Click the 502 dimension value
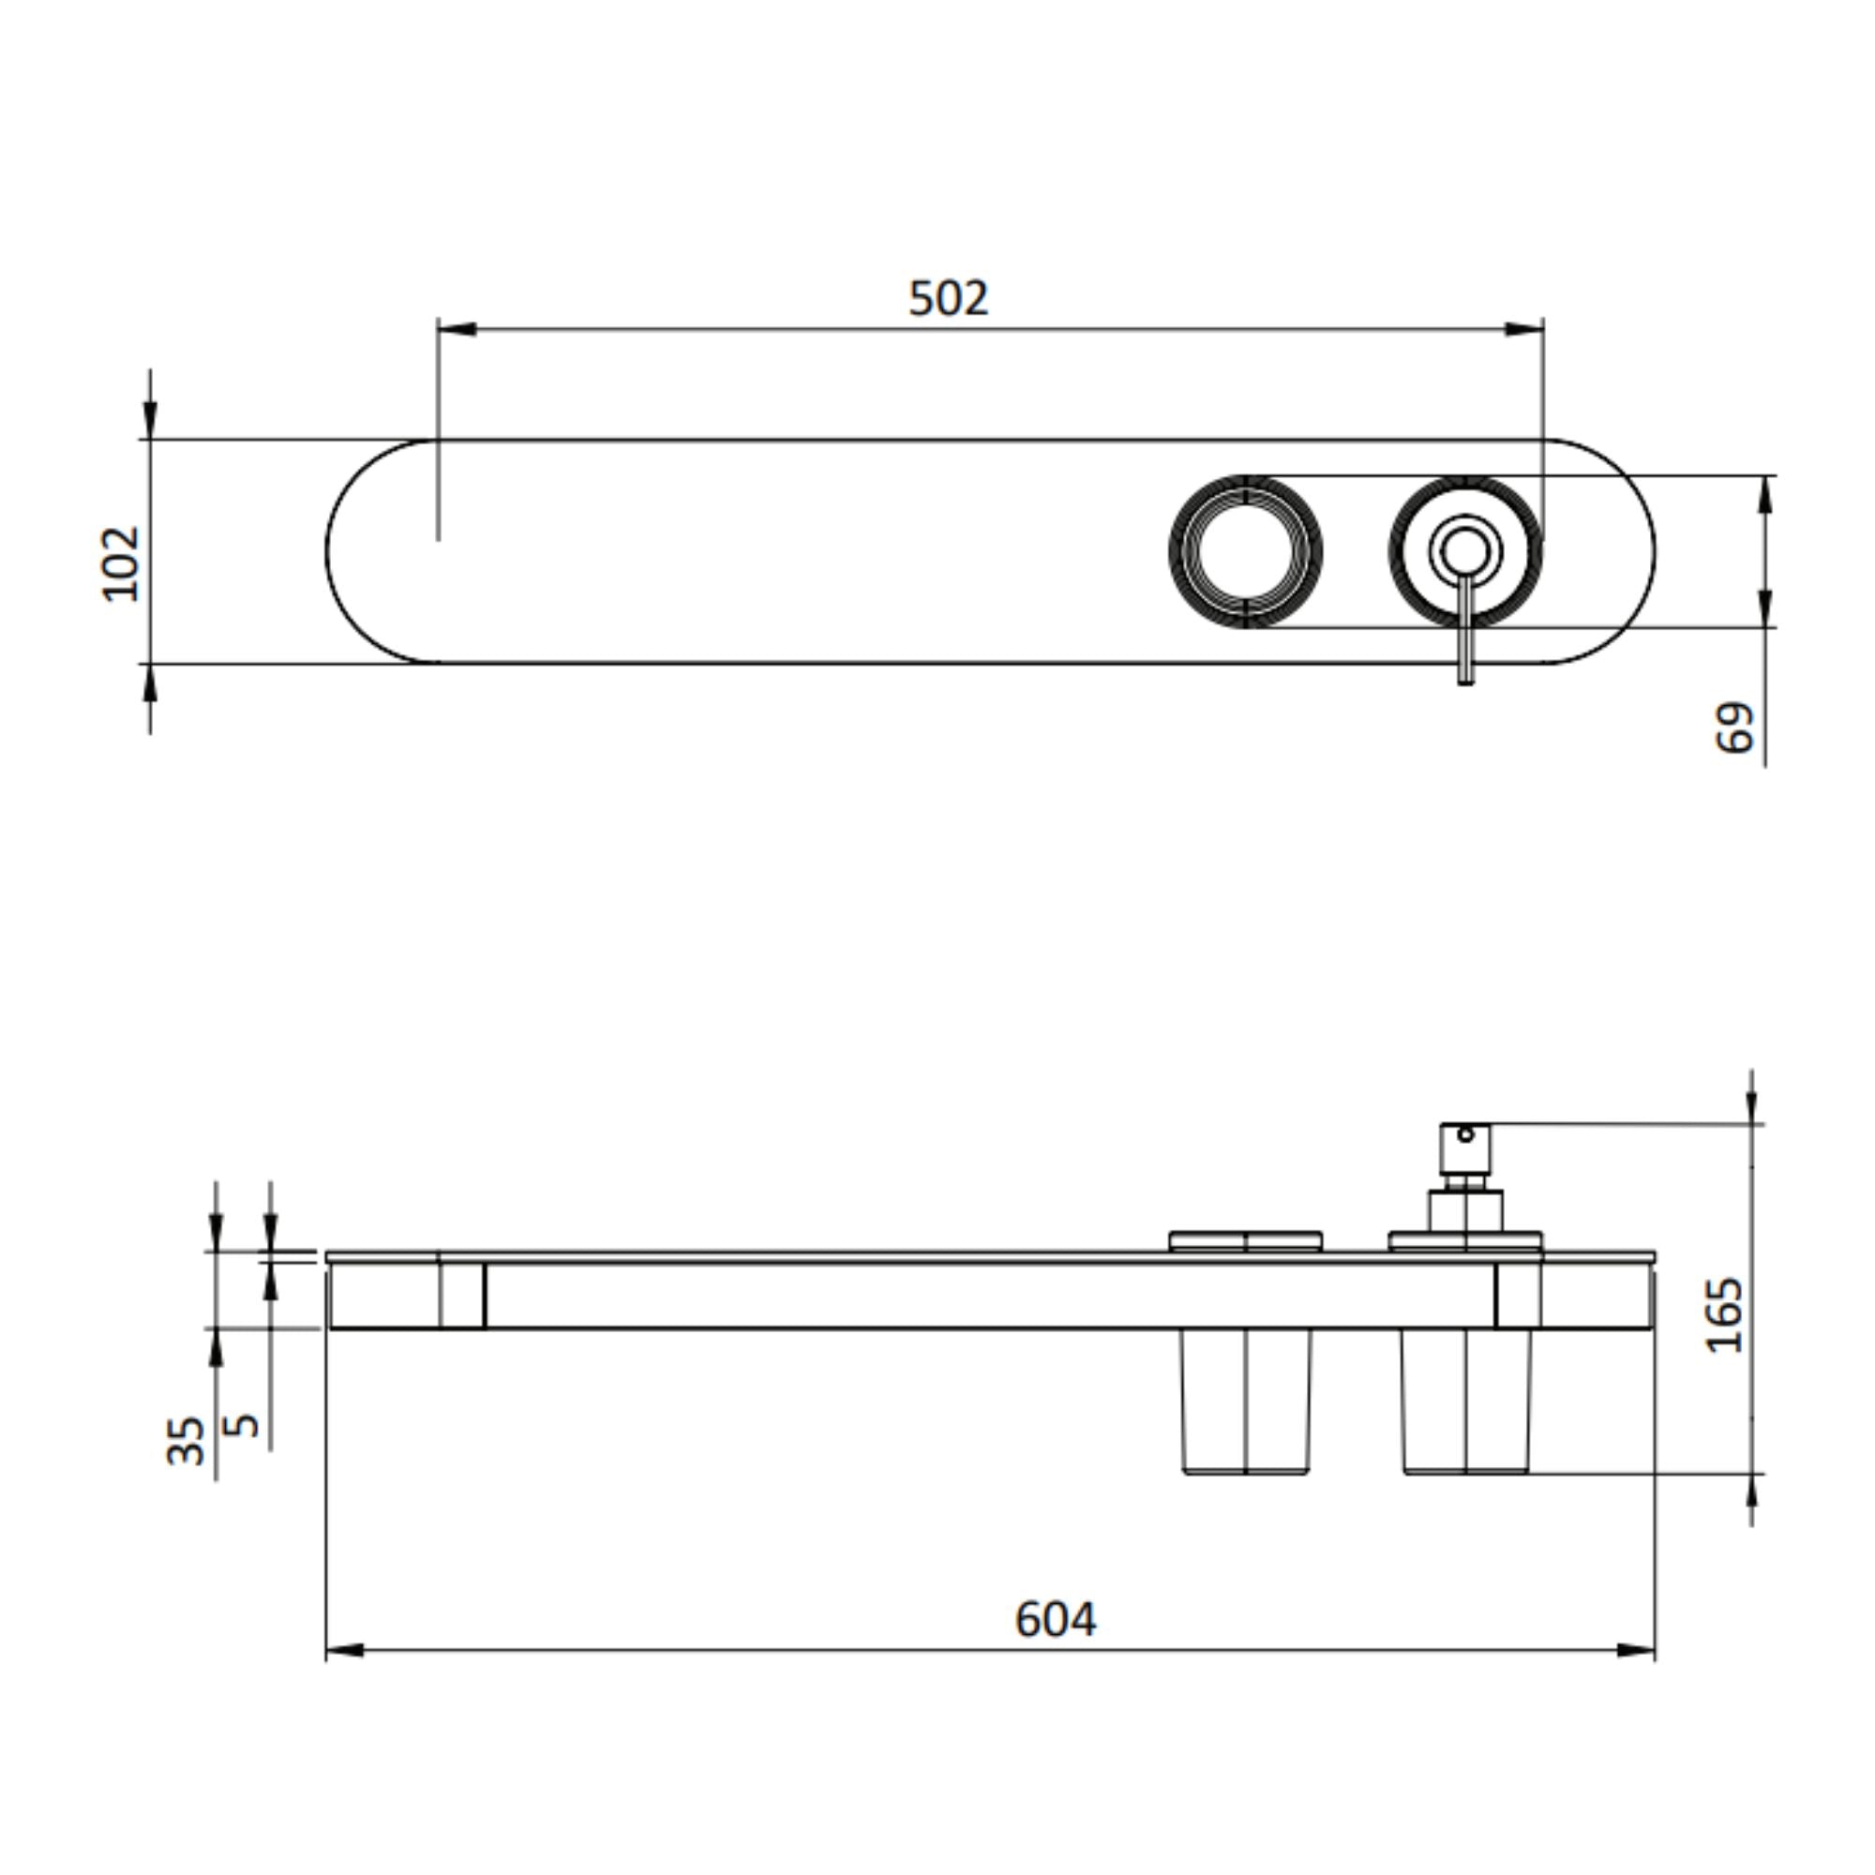(948, 298)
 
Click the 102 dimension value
(122, 563)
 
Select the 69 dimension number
(1734, 727)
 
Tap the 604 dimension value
(1055, 1619)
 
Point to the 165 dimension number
(1725, 1315)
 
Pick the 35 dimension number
(187, 1440)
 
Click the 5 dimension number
(242, 1425)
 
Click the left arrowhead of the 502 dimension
(457, 329)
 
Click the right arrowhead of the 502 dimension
(1524, 329)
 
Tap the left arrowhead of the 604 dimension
(344, 1650)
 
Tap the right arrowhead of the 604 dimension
(1636, 1650)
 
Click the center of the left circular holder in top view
(1245, 550)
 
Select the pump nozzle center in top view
(1464, 550)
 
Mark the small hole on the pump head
(1465, 1134)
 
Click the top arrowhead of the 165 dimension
(1752, 1106)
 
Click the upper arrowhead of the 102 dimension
(149, 419)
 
